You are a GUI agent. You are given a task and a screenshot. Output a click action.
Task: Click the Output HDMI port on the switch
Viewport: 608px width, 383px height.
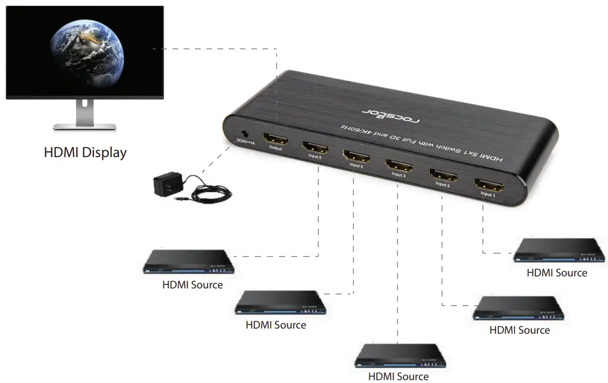tap(275, 138)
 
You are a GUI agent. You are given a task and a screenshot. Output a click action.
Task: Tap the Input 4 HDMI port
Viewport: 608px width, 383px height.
tap(356, 155)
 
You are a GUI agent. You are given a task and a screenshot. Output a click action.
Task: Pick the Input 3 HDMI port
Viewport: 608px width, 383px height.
tap(398, 165)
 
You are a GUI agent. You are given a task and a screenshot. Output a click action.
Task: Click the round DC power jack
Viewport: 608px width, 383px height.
tap(246, 131)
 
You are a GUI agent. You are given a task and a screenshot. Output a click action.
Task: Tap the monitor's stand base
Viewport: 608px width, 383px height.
tap(85, 126)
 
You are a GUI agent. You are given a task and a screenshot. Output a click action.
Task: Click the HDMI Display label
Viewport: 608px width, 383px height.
tap(85, 153)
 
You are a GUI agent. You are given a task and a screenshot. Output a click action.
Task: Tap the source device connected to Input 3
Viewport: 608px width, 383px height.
tap(400, 355)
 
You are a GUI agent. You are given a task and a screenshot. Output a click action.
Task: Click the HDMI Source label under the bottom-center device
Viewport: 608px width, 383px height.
tap(398, 377)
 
